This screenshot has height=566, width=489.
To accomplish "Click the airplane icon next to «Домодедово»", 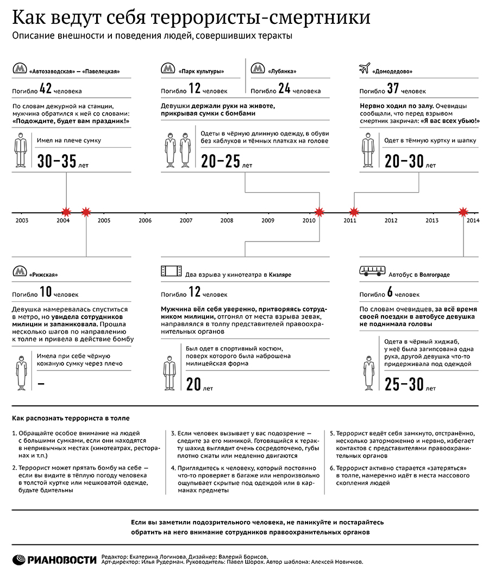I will point(365,69).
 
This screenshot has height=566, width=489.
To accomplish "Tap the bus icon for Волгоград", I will point(372,271).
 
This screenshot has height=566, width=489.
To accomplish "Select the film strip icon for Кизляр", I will point(168,271).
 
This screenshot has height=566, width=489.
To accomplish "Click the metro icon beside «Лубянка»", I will point(258,69).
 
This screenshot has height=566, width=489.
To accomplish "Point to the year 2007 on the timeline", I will point(186,220).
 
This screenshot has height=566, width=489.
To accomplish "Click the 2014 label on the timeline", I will point(473,220).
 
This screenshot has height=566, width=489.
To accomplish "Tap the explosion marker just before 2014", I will point(463,212).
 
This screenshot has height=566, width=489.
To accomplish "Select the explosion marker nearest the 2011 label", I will point(354,212).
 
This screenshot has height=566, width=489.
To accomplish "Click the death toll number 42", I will point(46,89).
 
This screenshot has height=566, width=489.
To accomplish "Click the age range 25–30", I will point(403,385).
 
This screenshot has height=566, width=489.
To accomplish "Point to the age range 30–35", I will point(57,162).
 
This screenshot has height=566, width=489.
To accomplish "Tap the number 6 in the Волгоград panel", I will point(390,292).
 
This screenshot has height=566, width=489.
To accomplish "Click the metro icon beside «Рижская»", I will point(20,271).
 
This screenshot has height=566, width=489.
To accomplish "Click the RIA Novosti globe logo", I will point(20,558).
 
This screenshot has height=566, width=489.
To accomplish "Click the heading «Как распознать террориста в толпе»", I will point(71,418).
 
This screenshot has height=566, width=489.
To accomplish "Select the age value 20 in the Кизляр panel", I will point(193,385).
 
